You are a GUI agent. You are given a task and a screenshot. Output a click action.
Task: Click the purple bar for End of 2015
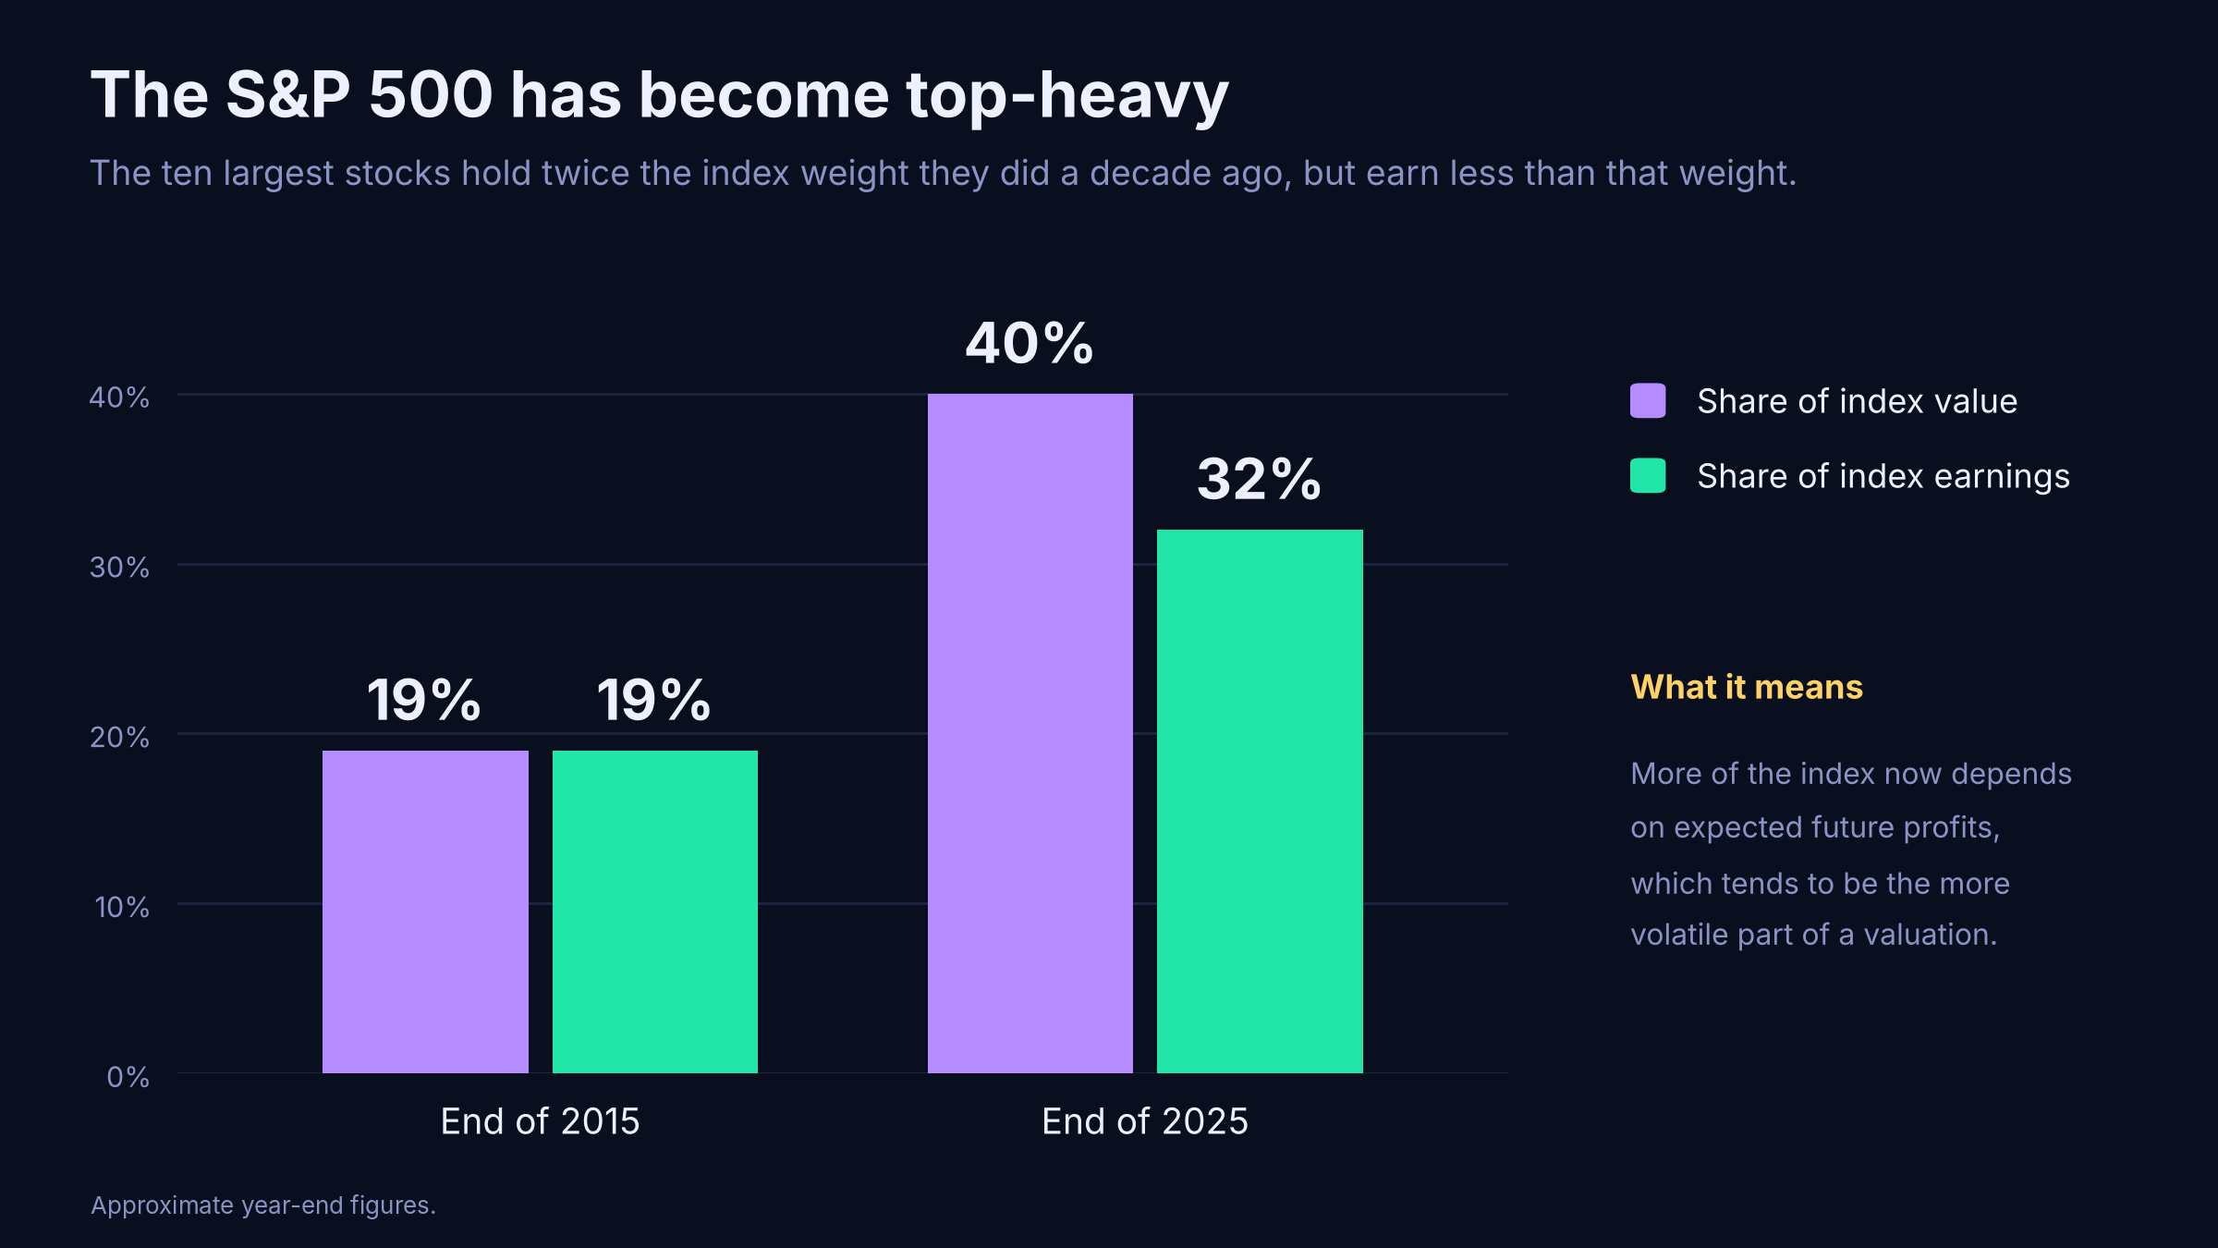pyautogui.click(x=425, y=912)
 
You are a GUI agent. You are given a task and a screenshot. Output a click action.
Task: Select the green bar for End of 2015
pyautogui.click(x=655, y=912)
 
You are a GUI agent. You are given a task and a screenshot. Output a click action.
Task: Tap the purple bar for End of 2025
pyautogui.click(x=1030, y=733)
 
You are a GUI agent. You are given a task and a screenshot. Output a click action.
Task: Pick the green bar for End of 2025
pyautogui.click(x=1260, y=801)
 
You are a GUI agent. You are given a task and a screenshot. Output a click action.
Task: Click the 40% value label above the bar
pyautogui.click(x=1030, y=344)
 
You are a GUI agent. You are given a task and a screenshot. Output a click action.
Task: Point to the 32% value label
pyautogui.click(x=1259, y=480)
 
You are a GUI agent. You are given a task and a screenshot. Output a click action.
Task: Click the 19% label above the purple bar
pyautogui.click(x=424, y=700)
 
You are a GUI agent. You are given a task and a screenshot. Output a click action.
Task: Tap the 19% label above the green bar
pyautogui.click(x=654, y=700)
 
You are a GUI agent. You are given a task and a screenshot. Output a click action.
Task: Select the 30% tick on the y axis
pyautogui.click(x=119, y=567)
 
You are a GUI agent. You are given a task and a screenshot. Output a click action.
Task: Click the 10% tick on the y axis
pyautogui.click(x=121, y=907)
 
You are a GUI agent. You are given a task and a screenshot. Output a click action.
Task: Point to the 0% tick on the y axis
pyautogui.click(x=128, y=1077)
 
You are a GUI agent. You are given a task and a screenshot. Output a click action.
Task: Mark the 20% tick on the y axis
pyautogui.click(x=119, y=737)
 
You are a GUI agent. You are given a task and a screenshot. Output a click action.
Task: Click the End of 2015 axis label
pyautogui.click(x=540, y=1121)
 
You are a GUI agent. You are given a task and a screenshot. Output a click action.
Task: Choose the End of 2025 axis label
pyautogui.click(x=1145, y=1121)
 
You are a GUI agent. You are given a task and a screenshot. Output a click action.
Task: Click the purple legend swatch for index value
pyautogui.click(x=1648, y=400)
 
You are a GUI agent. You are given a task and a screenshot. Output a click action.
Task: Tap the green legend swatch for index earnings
pyautogui.click(x=1648, y=475)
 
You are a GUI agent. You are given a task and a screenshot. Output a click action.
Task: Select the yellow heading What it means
pyautogui.click(x=1747, y=687)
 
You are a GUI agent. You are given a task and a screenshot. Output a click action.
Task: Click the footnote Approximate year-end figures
pyautogui.click(x=263, y=1205)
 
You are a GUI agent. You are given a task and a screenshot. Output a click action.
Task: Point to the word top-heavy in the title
pyautogui.click(x=1067, y=96)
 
